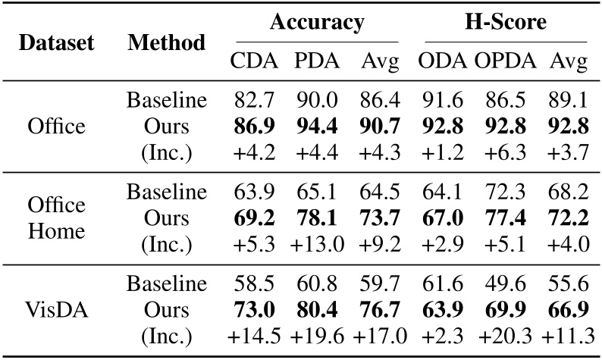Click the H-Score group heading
tap(505, 23)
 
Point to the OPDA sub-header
tap(505, 62)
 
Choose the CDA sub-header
tap(254, 62)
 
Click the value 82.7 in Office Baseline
tap(254, 99)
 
